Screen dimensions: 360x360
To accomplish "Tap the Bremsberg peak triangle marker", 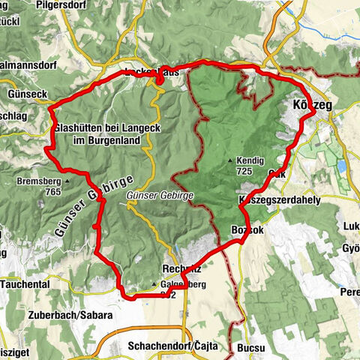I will [x=67, y=181].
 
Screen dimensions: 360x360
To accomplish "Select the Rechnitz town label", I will [x=181, y=269].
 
